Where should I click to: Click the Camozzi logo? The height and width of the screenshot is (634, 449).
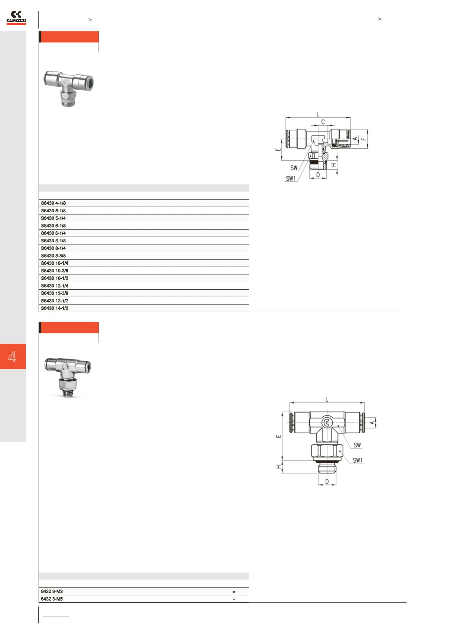coord(16,18)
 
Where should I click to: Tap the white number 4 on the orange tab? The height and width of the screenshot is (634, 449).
coord(12,356)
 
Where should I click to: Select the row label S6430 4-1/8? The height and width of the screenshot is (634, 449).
coord(53,203)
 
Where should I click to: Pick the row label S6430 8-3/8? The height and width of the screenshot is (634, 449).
coord(53,256)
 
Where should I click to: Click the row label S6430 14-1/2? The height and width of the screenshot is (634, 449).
coord(55,308)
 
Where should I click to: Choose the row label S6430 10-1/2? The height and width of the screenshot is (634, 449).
coord(55,278)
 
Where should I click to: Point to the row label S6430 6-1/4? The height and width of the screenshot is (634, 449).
coord(53,233)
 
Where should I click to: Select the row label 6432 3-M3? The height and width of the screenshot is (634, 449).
coord(52,592)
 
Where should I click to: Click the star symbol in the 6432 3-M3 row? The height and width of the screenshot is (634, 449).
coord(234,592)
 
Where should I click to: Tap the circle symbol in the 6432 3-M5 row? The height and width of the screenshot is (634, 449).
coord(234,599)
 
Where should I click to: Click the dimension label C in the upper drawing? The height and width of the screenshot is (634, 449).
coord(323,122)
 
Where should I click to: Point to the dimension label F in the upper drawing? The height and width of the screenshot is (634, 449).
coord(363,139)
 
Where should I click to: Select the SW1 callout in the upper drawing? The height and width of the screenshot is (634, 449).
coord(291,179)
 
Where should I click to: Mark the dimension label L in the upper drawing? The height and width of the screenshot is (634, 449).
coord(318,114)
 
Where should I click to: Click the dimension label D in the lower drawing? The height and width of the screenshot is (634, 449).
coord(327,482)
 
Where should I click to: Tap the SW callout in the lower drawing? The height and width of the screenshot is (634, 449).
coord(357,445)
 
